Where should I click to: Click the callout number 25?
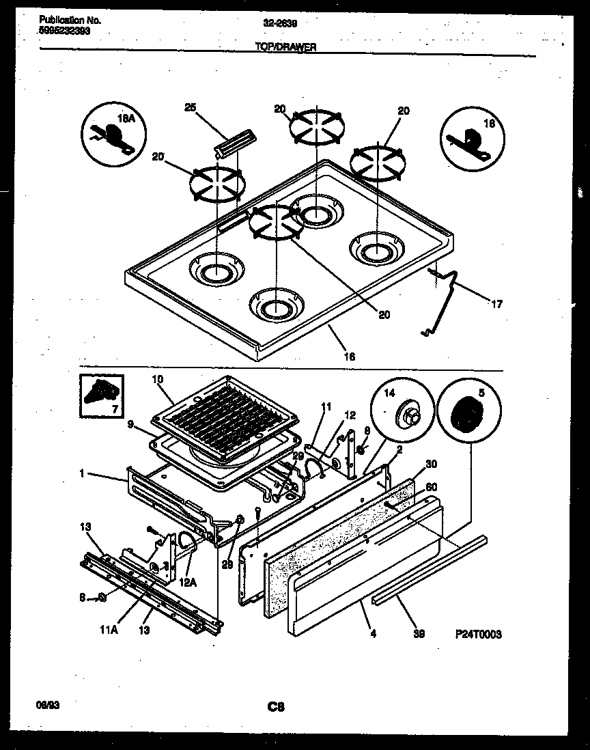[x=190, y=107]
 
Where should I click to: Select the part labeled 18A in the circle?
[x=109, y=133]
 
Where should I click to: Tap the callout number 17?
[x=496, y=304]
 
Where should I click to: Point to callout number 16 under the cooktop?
[x=350, y=356]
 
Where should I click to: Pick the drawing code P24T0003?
[x=478, y=634]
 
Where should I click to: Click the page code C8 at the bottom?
[x=276, y=707]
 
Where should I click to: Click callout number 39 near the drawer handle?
[x=419, y=634]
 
